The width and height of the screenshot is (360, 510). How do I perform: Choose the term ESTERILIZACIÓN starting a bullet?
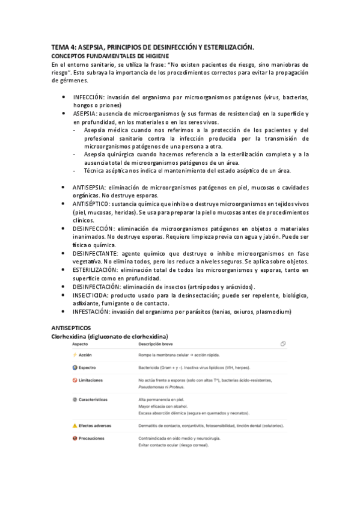click(x=99, y=271)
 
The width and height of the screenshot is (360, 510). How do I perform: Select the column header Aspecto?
click(x=80, y=344)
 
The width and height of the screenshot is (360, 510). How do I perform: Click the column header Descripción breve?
click(x=157, y=344)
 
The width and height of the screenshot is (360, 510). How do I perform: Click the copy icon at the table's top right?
click(x=282, y=344)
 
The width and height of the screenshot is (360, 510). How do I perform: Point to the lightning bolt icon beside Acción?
click(x=75, y=355)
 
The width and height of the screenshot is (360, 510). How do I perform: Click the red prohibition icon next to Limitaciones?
click(x=75, y=380)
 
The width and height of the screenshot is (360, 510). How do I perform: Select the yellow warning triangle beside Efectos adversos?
click(x=75, y=426)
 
